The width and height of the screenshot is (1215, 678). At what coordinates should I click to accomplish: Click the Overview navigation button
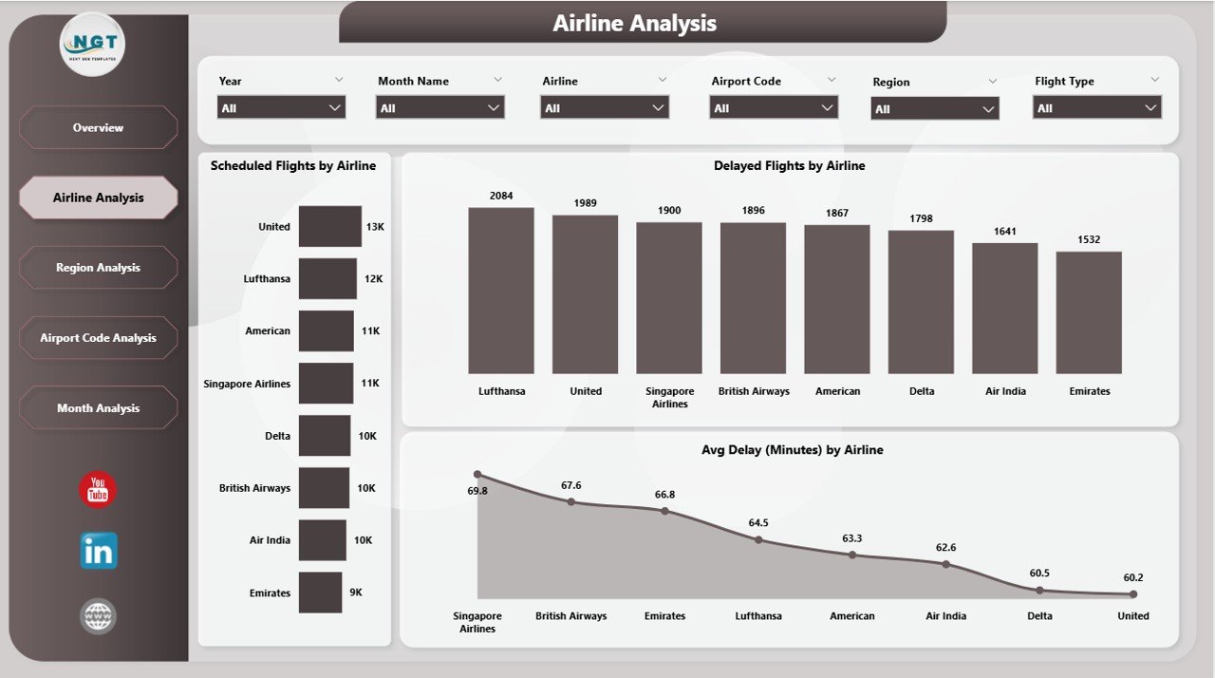pos(98,127)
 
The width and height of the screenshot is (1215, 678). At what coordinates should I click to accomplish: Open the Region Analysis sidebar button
pos(98,268)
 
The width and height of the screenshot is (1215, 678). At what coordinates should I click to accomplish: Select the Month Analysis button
pos(98,408)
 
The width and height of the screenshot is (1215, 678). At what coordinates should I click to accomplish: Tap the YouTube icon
pos(98,490)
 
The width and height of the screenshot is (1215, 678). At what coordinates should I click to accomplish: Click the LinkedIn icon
pos(99,551)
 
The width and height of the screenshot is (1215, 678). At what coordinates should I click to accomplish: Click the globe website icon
pos(98,616)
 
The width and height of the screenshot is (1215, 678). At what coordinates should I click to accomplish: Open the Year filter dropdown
pos(281,108)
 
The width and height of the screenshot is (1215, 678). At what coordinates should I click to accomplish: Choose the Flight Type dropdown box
pos(1097,108)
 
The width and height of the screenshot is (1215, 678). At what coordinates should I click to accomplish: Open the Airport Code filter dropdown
pos(774,108)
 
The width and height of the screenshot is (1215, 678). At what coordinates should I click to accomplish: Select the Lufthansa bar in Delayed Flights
pos(501,291)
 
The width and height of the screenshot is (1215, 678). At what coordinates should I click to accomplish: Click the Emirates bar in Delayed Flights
pos(1089,312)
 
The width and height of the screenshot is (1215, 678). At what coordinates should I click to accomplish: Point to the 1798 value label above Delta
pos(921,218)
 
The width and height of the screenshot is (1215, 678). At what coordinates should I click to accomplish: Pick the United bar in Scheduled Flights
pos(330,227)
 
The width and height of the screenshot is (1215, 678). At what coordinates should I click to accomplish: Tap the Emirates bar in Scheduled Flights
pos(320,593)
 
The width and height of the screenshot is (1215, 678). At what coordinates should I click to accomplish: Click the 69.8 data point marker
pos(477,474)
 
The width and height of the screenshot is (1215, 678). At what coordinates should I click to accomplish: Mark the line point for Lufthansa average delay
pos(758,539)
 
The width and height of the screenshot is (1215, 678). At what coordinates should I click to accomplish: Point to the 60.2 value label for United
pos(1132,577)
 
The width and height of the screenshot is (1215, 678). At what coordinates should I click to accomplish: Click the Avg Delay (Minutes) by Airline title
pos(792,450)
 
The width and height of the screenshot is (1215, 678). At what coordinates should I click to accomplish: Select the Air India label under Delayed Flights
pos(1004,391)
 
